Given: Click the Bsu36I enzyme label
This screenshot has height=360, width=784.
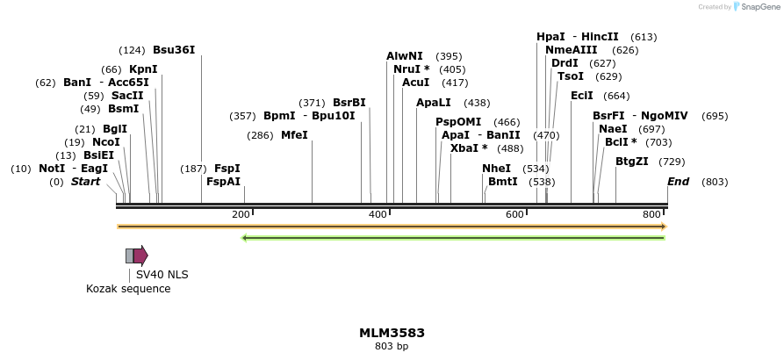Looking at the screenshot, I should click(174, 49).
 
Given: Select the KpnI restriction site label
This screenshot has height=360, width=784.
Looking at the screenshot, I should click(143, 68).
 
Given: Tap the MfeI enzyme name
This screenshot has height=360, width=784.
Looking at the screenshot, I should click(294, 135).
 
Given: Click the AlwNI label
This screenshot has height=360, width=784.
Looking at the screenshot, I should click(404, 56).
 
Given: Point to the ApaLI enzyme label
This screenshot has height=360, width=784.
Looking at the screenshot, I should click(433, 103).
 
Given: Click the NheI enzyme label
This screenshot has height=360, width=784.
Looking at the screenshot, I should click(496, 168).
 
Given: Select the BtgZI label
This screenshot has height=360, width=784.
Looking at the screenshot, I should click(631, 162).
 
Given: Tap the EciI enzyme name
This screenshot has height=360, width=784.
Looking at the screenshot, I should click(581, 96).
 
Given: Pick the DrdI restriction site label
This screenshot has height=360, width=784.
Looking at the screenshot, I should click(565, 63).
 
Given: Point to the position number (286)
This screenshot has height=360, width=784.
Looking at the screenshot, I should click(260, 135).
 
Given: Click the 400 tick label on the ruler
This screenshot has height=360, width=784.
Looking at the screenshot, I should click(378, 214).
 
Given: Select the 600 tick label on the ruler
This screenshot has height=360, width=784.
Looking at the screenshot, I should click(514, 214).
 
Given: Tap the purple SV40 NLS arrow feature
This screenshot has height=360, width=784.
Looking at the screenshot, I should click(140, 256).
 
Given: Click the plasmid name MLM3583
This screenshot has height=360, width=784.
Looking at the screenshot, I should click(392, 333).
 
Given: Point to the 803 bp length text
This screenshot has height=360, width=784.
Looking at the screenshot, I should click(392, 347).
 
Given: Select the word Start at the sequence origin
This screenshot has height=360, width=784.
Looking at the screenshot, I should click(85, 182).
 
